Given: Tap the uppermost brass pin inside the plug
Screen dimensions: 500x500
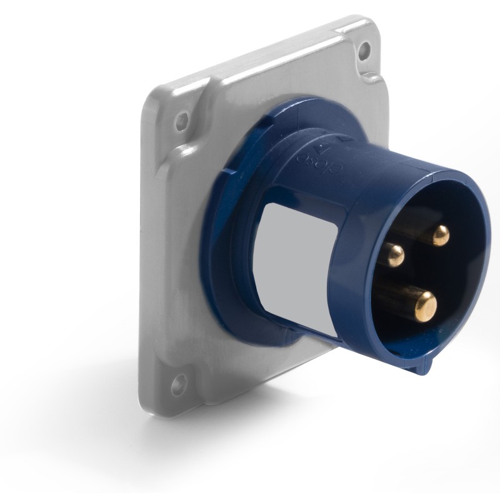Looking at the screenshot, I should click(441, 235).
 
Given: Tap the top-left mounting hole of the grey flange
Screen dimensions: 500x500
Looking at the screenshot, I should click(182, 119).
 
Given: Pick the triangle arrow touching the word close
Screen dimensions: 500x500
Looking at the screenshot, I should click(322, 149).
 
